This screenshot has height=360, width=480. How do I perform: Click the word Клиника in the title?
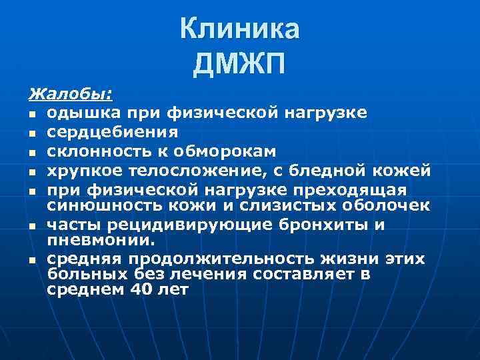coord(240,29)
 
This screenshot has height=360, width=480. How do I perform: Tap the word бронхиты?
coord(314,225)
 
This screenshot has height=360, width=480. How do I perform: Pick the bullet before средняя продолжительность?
coord(31,259)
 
